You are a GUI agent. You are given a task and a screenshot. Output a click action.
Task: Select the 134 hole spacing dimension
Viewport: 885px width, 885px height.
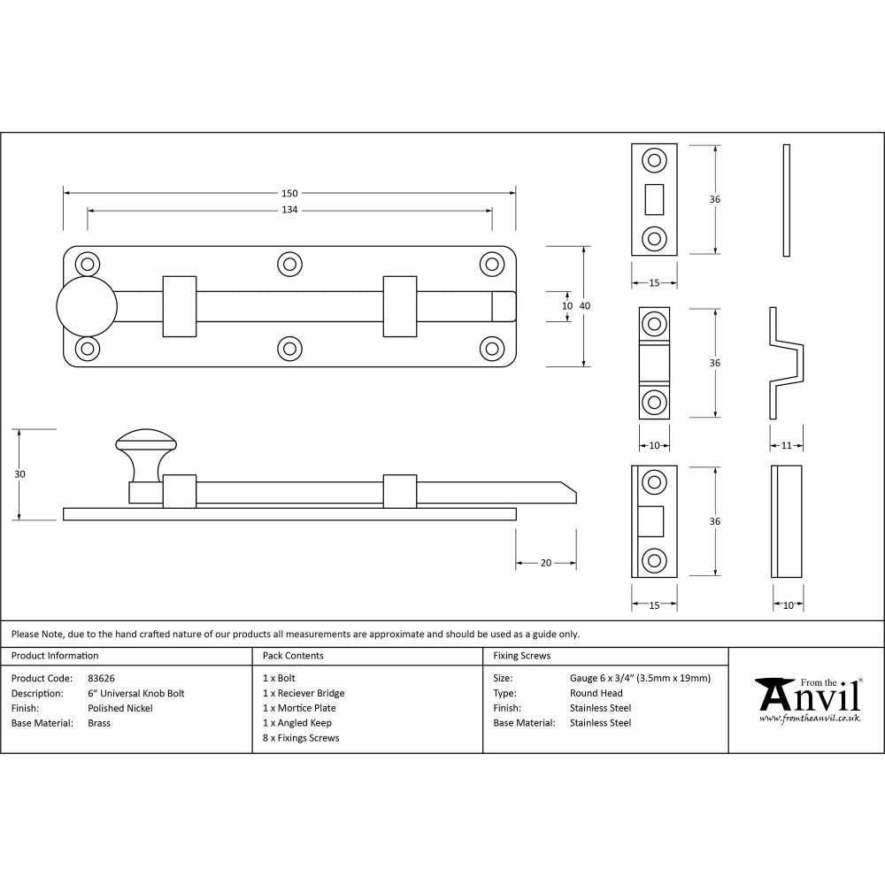tap(289, 210)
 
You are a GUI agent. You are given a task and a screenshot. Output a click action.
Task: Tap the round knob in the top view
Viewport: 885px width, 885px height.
tap(87, 306)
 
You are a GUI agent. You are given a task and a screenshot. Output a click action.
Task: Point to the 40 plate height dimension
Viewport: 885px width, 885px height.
tap(585, 305)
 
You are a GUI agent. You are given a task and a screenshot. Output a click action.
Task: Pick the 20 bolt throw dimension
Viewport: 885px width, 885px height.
tap(546, 563)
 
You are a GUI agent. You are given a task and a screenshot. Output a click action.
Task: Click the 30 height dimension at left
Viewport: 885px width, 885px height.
tap(19, 474)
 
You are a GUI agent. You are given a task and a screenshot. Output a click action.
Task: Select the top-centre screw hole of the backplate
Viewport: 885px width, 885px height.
tap(289, 264)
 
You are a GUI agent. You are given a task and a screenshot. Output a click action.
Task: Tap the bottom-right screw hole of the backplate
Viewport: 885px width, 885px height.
tap(492, 349)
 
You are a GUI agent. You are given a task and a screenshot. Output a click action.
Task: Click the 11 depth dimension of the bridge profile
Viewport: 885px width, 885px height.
tap(787, 446)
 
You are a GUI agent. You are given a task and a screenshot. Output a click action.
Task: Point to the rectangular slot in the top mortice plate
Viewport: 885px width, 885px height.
tap(655, 199)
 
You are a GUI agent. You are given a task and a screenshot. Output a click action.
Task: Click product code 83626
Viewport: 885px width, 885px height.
tap(102, 678)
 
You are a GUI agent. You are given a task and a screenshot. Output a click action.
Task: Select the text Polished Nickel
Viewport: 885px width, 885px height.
tap(120, 708)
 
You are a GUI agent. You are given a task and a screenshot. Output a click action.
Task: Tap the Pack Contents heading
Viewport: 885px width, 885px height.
tap(293, 656)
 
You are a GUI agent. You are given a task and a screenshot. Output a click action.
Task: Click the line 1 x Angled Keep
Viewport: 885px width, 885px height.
tap(297, 723)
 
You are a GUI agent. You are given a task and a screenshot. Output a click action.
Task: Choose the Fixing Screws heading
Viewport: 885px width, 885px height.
tap(521, 656)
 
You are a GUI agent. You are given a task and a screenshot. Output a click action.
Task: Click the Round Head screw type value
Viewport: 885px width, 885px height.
tap(596, 693)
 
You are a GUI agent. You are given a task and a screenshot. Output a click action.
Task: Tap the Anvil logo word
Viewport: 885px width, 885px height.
tap(809, 698)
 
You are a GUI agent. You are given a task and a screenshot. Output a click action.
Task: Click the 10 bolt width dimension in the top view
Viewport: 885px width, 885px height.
tap(567, 305)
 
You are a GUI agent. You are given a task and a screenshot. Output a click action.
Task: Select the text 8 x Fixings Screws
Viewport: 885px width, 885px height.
tap(301, 737)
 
